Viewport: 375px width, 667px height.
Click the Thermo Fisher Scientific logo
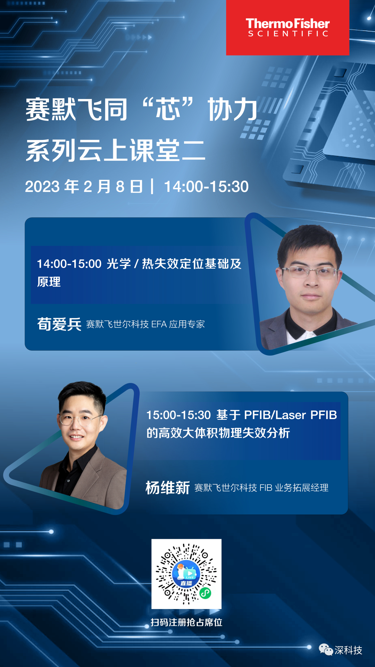click(287, 27)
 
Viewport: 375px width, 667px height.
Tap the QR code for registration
click(186, 574)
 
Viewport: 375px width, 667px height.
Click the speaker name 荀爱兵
click(59, 324)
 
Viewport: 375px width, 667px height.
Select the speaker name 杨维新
click(168, 487)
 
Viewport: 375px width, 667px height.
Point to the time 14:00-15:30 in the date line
click(206, 186)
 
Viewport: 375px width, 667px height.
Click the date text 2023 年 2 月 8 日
click(84, 186)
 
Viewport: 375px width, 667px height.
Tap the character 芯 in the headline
click(168, 109)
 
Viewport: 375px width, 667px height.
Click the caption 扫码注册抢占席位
click(186, 622)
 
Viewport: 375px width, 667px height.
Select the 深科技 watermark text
click(348, 650)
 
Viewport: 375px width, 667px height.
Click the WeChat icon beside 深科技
click(326, 649)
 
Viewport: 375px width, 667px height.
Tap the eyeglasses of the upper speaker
click(309, 272)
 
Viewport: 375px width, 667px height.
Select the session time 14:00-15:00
click(69, 264)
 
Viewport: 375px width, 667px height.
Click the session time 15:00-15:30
click(178, 415)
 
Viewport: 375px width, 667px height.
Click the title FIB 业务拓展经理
click(294, 488)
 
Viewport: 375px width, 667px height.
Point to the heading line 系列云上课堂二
click(116, 150)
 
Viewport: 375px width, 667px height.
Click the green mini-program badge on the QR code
click(205, 593)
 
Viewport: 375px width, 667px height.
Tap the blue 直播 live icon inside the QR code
click(186, 574)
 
